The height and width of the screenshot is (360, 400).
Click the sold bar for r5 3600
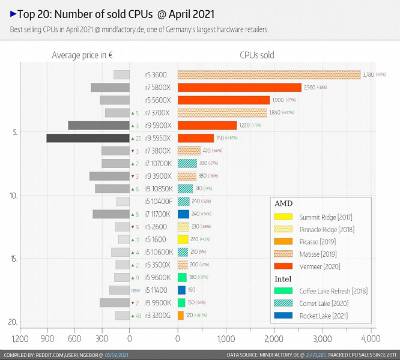[x=268, y=75]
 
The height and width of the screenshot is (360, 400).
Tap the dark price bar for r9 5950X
[x=88, y=138]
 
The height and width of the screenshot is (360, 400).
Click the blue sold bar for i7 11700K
[x=183, y=214]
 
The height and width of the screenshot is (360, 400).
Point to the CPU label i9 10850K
[x=159, y=189]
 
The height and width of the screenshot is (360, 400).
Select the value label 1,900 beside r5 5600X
[x=277, y=100]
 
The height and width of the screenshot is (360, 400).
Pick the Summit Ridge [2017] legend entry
[x=325, y=217]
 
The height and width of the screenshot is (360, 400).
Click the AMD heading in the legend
[x=283, y=203]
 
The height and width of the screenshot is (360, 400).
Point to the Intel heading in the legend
[x=283, y=279]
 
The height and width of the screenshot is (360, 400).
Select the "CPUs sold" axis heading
[x=256, y=55]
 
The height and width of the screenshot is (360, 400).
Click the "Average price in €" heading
[x=82, y=55]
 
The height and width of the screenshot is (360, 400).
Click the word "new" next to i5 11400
[x=136, y=290]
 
